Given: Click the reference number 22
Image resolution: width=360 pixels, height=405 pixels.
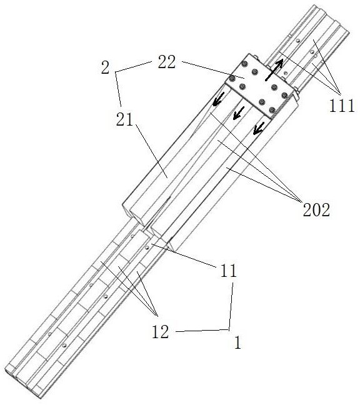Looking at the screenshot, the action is [x=167, y=62].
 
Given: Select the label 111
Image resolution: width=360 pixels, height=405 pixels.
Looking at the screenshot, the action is [x=341, y=106].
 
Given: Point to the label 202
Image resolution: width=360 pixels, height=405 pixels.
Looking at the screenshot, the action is [x=316, y=209].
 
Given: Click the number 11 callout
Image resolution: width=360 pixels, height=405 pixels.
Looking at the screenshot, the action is [x=228, y=271].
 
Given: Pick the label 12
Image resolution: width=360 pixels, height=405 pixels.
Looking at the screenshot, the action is [x=160, y=332].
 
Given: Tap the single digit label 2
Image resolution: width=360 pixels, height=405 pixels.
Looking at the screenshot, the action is [x=105, y=68].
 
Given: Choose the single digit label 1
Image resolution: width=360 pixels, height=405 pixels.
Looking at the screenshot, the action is [x=237, y=342].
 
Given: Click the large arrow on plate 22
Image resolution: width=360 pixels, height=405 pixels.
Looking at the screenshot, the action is [x=274, y=71].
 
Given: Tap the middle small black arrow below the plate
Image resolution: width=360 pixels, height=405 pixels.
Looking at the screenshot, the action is [x=239, y=113].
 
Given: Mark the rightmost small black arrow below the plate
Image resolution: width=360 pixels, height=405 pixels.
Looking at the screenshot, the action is [x=259, y=128].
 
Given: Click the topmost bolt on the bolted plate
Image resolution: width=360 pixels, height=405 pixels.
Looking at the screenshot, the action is [x=244, y=63].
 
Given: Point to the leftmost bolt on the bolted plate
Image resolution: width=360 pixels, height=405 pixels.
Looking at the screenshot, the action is [x=232, y=77].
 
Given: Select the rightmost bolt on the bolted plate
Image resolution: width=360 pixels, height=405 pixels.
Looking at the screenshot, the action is [x=284, y=95].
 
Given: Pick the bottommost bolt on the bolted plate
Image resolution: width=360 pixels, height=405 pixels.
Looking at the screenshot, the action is [x=272, y=110].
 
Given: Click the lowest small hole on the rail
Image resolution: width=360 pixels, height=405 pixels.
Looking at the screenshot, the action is [x=64, y=345].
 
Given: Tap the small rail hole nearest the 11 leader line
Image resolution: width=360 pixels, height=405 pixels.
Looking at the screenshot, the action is [x=147, y=247].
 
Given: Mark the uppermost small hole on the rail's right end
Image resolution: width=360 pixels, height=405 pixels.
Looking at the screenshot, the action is [x=298, y=41].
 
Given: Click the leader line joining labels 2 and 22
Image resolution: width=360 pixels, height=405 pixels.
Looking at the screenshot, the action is [x=133, y=67].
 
